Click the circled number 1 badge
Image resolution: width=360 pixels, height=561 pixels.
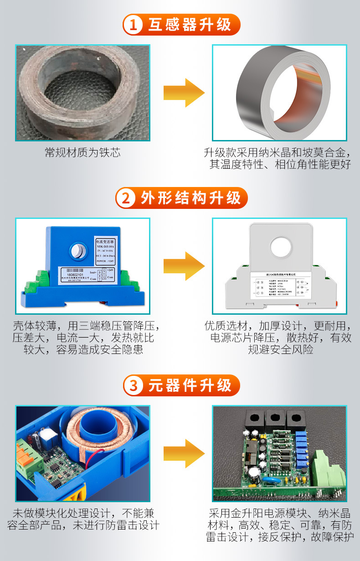click(134, 25)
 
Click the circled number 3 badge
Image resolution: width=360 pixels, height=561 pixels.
click(134, 386)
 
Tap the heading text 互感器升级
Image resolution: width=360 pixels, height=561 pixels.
click(190, 25)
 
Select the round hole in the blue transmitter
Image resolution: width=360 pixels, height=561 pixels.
click(78, 250)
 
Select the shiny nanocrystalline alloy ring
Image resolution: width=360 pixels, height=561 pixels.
click(279, 93)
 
